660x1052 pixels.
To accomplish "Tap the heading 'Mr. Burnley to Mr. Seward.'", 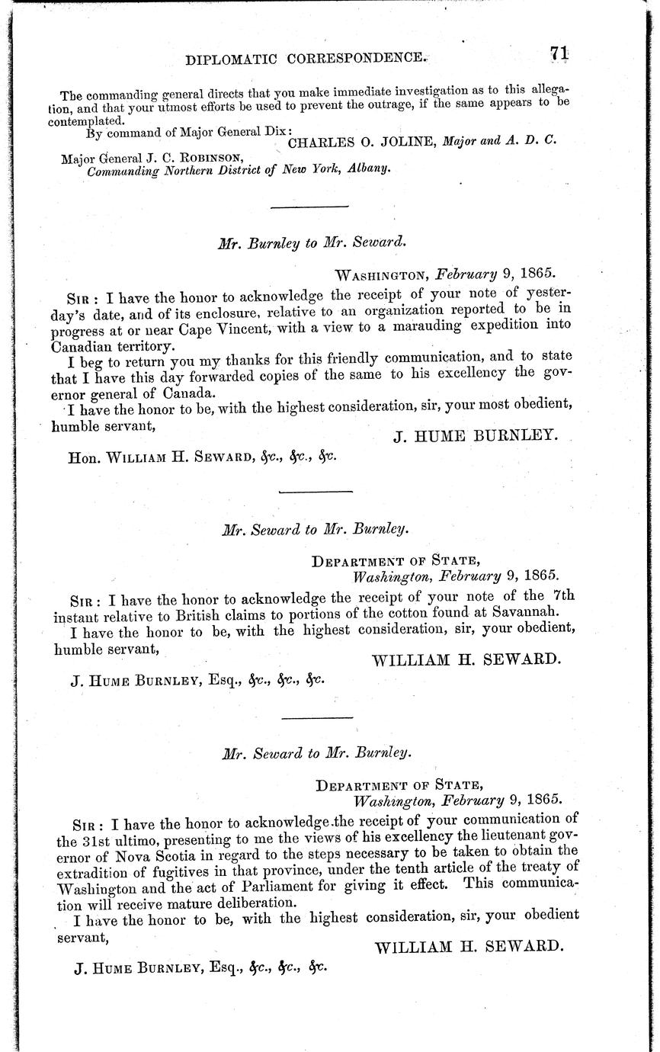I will click(312, 244).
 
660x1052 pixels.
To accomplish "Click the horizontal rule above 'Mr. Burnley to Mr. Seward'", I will click(310, 207).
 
